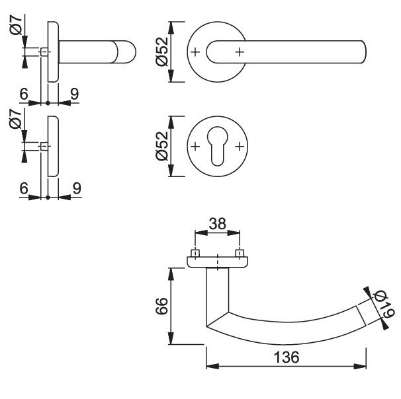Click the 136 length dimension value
coord(286,357)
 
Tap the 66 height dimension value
coord(162,306)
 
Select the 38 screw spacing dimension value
coord(218,224)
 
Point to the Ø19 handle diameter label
coord(384,305)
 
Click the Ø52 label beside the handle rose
coord(162,52)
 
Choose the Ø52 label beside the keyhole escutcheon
coord(162,146)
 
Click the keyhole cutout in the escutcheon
coord(217,146)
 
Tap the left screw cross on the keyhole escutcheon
coord(195,147)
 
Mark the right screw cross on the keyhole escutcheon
coord(240,147)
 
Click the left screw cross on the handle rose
coord(195,52)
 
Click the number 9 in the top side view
coord(74,94)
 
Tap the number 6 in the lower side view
coord(24,188)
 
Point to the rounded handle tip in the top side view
coord(127,52)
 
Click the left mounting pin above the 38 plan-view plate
coord(195,253)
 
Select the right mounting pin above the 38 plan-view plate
coord(240,253)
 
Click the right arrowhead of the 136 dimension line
coord(360,367)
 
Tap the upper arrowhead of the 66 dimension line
coord(171,274)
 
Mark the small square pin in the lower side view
coord(44,147)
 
